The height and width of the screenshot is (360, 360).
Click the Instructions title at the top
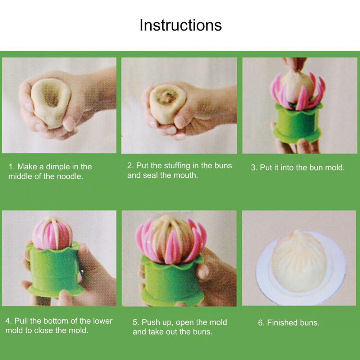click(x=181, y=25)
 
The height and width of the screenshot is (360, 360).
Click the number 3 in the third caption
click(x=253, y=168)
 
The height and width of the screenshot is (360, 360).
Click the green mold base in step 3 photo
click(x=297, y=122)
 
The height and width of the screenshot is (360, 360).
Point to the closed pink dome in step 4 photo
click(x=53, y=234)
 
